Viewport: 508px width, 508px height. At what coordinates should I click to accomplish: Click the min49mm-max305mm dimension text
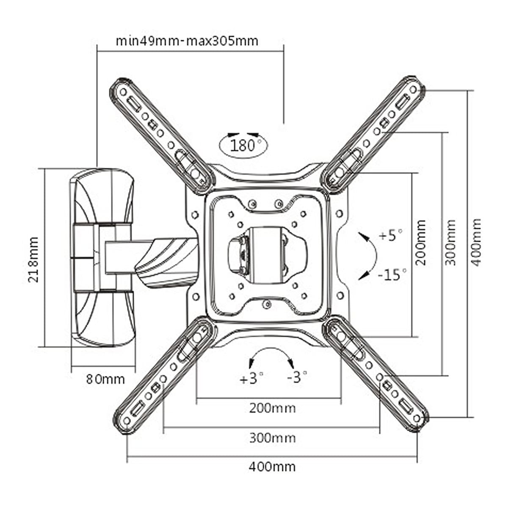[x=187, y=41]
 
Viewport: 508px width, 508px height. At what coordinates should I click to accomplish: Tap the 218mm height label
[x=33, y=260]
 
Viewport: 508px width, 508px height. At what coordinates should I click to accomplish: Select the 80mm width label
[x=105, y=379]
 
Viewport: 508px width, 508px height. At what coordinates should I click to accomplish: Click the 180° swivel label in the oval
[x=243, y=146]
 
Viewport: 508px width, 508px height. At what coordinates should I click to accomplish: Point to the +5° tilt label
[x=391, y=235]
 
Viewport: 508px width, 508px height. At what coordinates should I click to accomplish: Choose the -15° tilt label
[x=392, y=274]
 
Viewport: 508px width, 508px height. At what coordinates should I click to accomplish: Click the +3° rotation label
[x=251, y=378]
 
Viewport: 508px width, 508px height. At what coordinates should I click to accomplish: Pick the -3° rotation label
[x=297, y=377]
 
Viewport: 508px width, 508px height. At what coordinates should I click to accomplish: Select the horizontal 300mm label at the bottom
[x=272, y=438]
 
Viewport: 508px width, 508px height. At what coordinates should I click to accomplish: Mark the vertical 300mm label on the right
[x=450, y=242]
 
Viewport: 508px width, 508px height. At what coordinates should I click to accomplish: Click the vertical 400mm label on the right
[x=476, y=242]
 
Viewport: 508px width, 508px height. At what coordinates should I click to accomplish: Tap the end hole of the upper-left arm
[x=123, y=92]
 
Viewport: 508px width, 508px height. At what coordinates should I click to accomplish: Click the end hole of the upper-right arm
[x=413, y=90]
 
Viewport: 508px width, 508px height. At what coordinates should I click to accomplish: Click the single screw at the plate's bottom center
[x=267, y=304]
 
